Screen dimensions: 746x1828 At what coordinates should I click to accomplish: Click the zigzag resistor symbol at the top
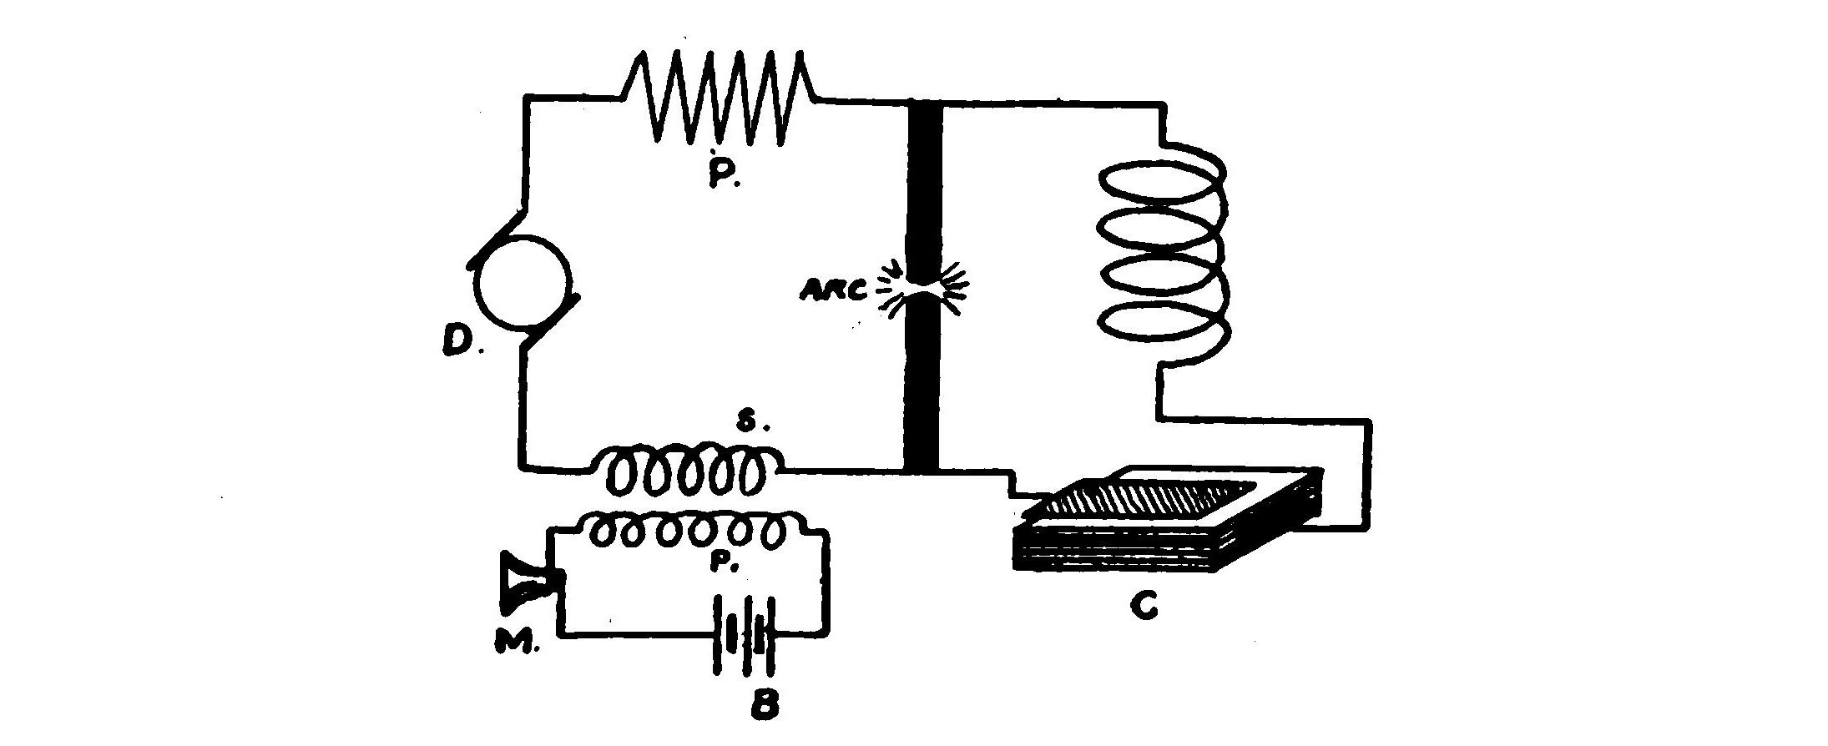tap(720, 98)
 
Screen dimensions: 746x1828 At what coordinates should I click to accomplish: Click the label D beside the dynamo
tap(457, 340)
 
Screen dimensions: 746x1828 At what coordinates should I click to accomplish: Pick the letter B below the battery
tap(762, 705)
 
